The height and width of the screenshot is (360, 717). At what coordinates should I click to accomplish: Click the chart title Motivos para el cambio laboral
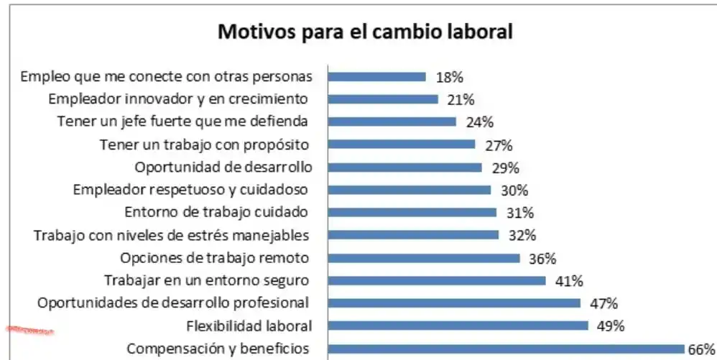pyautogui.click(x=365, y=32)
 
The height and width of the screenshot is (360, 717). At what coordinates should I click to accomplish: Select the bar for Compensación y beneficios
pyautogui.click(x=506, y=349)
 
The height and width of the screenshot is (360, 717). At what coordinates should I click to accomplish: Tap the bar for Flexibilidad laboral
pyautogui.click(x=458, y=326)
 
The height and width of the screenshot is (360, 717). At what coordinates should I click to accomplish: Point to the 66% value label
pyautogui.click(x=702, y=349)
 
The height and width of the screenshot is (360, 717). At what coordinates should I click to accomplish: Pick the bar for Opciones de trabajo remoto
pyautogui.click(x=424, y=258)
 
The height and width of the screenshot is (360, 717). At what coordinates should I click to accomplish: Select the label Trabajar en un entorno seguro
pyautogui.click(x=207, y=280)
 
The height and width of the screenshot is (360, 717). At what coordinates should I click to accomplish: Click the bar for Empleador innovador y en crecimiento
pyautogui.click(x=383, y=99)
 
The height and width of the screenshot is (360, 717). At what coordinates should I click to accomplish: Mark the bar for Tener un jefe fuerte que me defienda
pyautogui.click(x=392, y=122)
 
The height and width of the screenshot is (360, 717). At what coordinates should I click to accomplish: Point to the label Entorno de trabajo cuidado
pyautogui.click(x=216, y=213)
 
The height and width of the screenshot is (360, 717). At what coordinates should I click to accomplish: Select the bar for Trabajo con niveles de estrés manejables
pyautogui.click(x=413, y=235)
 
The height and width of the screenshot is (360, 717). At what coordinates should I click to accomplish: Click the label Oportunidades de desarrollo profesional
pyautogui.click(x=173, y=303)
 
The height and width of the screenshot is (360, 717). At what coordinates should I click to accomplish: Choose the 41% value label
pyautogui.click(x=568, y=280)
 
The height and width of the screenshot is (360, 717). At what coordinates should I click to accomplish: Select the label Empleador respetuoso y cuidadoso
pyautogui.click(x=190, y=190)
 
